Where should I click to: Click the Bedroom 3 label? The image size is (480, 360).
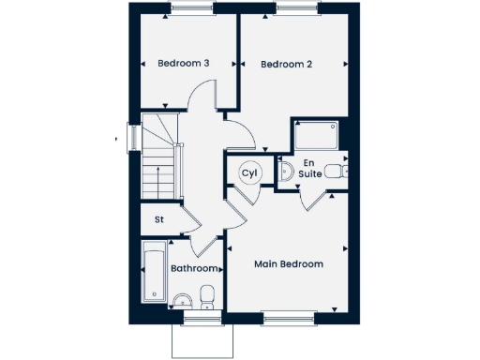(x=183, y=64)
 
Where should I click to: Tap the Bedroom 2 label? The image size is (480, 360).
(x=286, y=64)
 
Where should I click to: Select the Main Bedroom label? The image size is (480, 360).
(x=289, y=264)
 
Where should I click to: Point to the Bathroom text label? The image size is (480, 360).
(x=194, y=269)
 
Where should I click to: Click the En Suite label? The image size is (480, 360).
(x=310, y=170)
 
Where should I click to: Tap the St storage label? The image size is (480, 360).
(x=159, y=220)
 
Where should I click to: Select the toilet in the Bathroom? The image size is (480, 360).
(x=207, y=297)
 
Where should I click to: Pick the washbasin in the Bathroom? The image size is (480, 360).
(x=183, y=300)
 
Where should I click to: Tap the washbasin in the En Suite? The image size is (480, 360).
(x=287, y=171)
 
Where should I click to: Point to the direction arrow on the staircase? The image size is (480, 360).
(x=160, y=178)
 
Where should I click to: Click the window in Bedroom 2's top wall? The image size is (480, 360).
(x=299, y=9)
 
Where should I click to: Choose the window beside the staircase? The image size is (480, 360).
(x=133, y=137)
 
